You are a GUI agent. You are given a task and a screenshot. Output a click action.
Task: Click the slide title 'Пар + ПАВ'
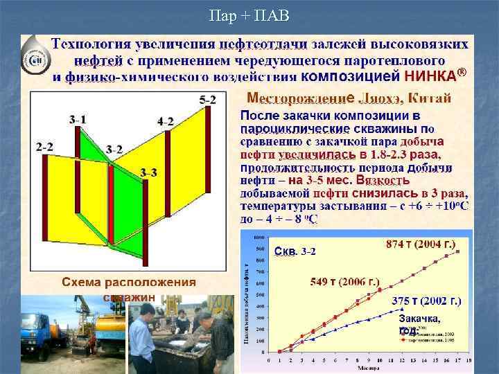tap(249, 15)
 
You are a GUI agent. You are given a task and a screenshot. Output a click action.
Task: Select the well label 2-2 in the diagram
tap(45, 147)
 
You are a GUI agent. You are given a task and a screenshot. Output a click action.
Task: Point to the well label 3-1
tap(78, 120)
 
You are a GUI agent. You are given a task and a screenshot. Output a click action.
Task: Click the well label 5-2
tap(207, 100)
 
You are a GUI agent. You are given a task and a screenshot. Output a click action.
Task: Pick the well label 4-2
tap(166, 121)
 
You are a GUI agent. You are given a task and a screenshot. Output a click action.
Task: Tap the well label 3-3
tap(148, 172)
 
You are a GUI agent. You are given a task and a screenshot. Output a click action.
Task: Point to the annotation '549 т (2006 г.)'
tap(345, 282)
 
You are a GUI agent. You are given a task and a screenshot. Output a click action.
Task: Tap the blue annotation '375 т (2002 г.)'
tap(426, 301)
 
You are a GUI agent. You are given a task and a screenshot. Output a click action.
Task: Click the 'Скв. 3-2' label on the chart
tap(295, 250)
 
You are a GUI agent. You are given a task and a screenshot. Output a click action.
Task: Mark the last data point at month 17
tap(457, 252)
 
